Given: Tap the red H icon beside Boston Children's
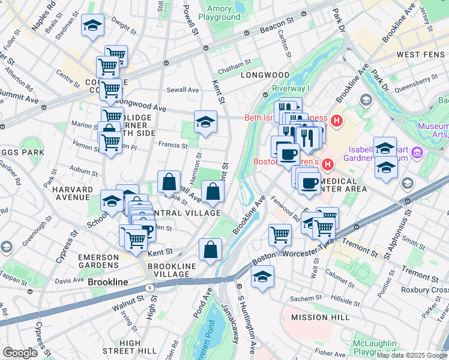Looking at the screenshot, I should click(328, 164).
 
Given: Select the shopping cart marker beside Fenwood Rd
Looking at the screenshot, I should click(279, 235).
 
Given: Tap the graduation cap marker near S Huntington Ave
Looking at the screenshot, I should click(262, 277).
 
